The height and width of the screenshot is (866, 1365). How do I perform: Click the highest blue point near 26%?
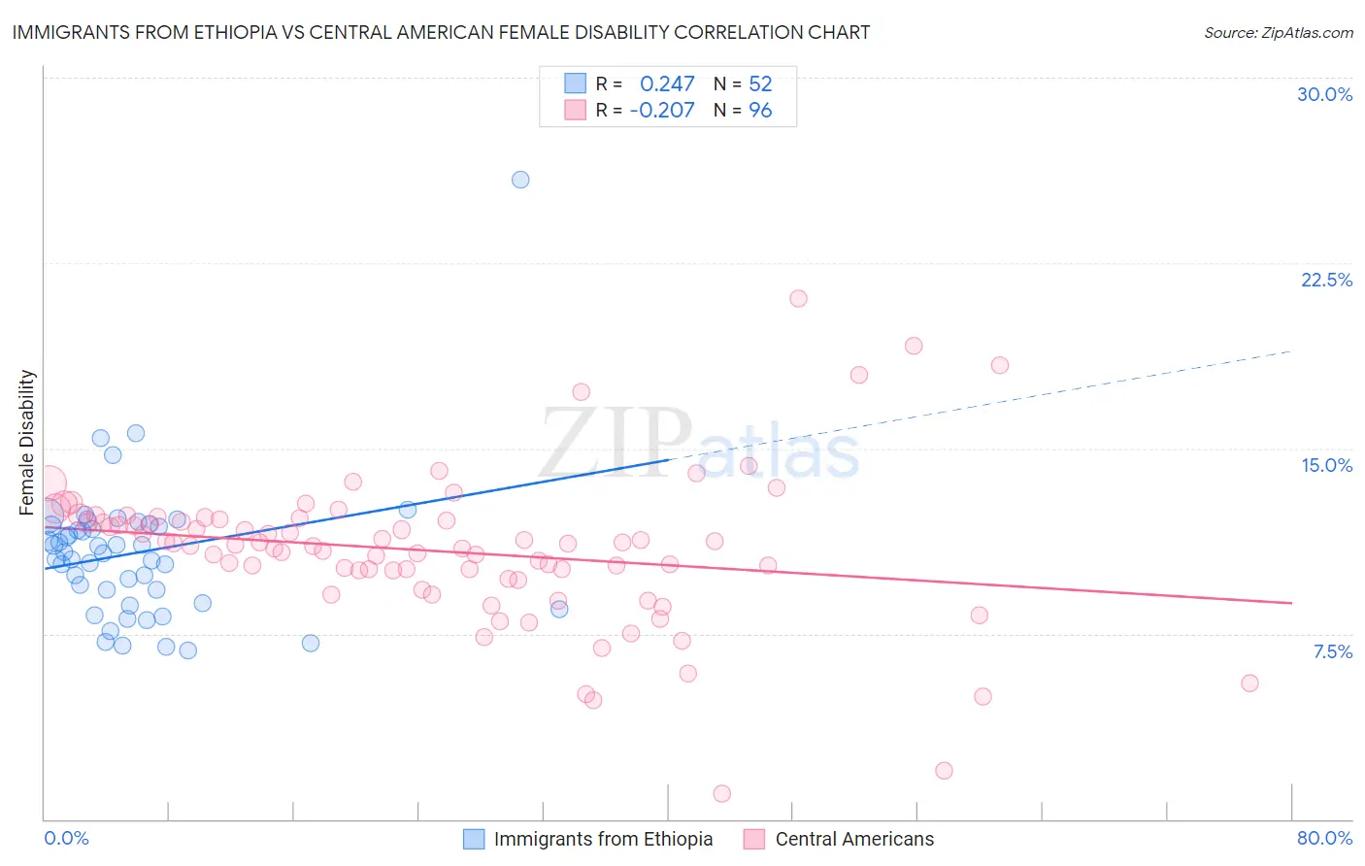520,180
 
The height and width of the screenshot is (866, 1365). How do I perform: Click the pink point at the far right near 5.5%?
1249,683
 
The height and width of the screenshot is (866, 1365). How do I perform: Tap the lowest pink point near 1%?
722,794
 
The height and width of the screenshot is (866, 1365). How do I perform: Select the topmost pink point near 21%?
798,299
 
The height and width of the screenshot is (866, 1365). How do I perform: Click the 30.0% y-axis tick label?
1324,94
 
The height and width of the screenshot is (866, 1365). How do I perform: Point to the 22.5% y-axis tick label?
1326,280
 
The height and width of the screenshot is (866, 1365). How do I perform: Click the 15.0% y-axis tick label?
1326,465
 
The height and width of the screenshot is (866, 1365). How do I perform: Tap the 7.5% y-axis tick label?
1332,651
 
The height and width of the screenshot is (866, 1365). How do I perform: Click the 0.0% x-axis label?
67,838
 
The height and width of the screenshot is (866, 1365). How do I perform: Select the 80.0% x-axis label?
1324,838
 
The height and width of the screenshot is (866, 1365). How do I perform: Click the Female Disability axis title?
27,442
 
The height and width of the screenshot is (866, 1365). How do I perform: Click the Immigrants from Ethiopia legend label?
603,839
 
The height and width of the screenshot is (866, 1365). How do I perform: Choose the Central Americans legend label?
854,839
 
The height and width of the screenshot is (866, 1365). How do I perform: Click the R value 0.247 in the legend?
667,84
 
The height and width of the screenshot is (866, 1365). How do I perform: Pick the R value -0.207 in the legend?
662,111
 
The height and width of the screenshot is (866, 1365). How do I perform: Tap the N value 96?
760,111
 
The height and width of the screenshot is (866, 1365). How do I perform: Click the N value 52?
760,84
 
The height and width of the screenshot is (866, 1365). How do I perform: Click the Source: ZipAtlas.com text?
1278,33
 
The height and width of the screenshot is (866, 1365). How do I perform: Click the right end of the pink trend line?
1291,603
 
